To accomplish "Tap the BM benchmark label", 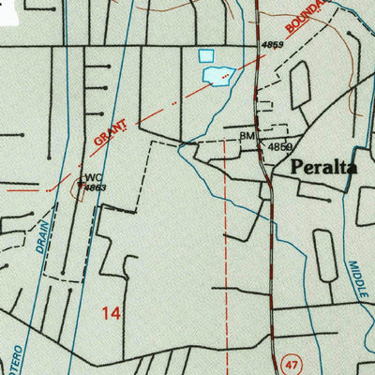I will [x=247, y=136].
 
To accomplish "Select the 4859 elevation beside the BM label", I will [x=279, y=147].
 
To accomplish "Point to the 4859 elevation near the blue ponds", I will [x=272, y=44].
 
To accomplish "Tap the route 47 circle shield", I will [x=292, y=361].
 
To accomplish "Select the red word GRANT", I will [x=110, y=131].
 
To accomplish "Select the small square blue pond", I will [x=206, y=56].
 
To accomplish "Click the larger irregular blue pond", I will [x=217, y=75].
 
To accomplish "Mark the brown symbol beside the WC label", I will [x=80, y=185].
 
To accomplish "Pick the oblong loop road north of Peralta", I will [x=300, y=87].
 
